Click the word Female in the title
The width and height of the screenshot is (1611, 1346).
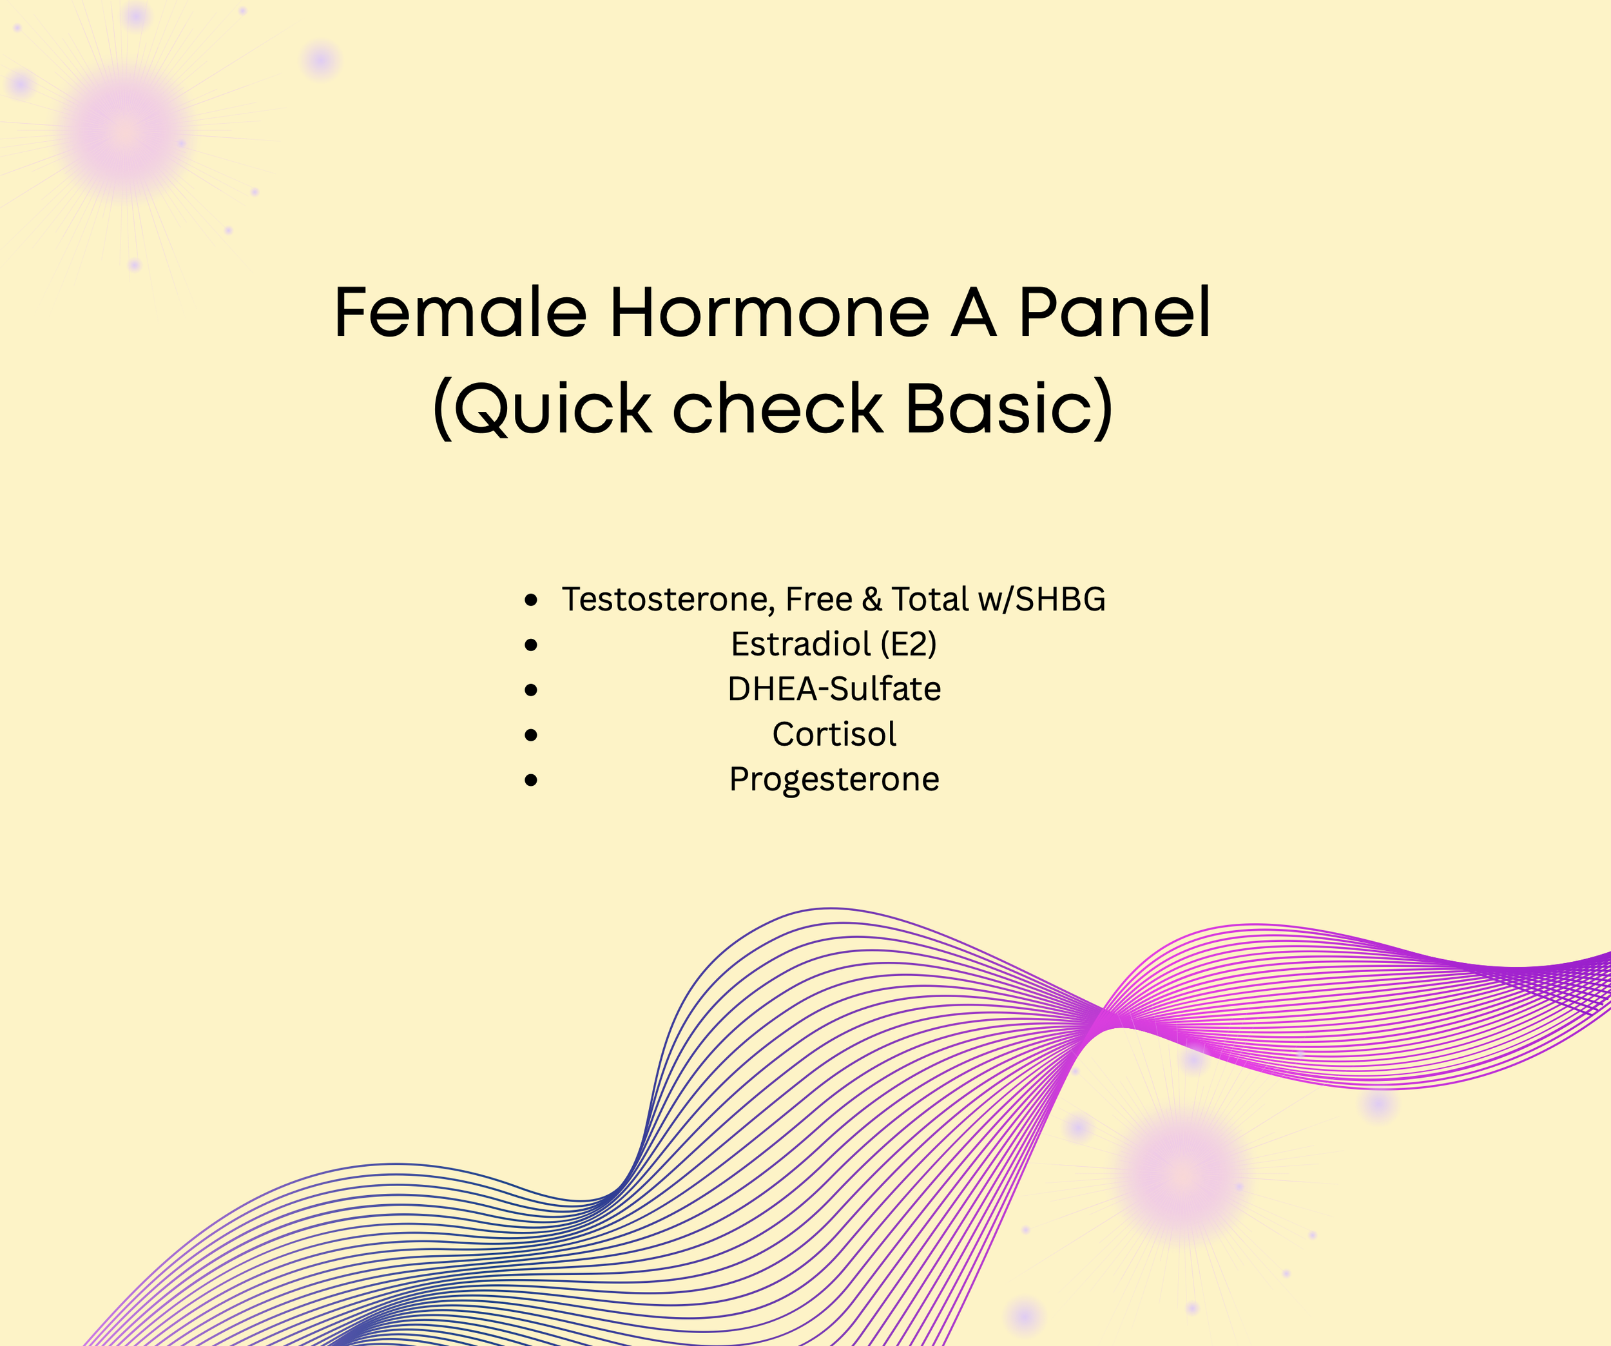pyautogui.click(x=460, y=313)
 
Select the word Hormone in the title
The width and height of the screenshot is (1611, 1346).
pyautogui.click(x=769, y=313)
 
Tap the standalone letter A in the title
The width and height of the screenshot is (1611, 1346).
pyautogui.click(x=974, y=313)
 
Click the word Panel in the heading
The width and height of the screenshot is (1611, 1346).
pyautogui.click(x=1114, y=313)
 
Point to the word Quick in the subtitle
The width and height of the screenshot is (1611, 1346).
pyautogui.click(x=552, y=408)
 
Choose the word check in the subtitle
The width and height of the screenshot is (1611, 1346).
pyautogui.click(x=778, y=408)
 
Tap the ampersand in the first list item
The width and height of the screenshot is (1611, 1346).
pyautogui.click(x=873, y=600)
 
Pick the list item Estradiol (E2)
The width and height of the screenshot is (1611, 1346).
pyautogui.click(x=834, y=644)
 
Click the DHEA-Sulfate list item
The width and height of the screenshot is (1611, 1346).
pyautogui.click(x=834, y=689)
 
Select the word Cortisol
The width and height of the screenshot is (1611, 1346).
pyautogui.click(x=834, y=734)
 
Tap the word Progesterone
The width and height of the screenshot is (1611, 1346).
pyautogui.click(x=834, y=779)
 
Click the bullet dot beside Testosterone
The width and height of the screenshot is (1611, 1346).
pyautogui.click(x=531, y=600)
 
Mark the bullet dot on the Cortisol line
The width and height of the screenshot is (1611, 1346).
pyautogui.click(x=531, y=735)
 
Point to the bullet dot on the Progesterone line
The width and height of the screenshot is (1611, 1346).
pyautogui.click(x=531, y=781)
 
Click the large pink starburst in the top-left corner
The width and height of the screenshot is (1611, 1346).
pyautogui.click(x=126, y=132)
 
